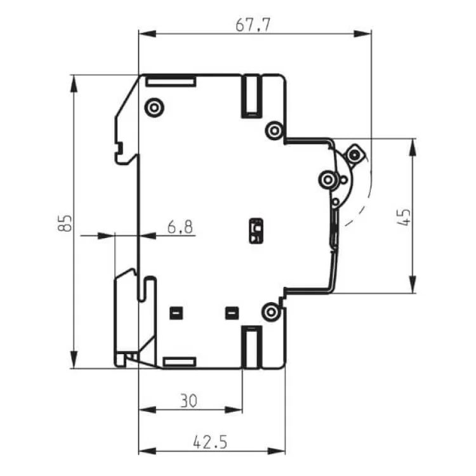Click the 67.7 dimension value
[253, 25]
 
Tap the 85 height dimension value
[65, 223]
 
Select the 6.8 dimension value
[180, 227]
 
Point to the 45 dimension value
[404, 217]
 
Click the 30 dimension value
[188, 400]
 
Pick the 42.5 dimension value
[210, 442]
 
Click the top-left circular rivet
[154, 107]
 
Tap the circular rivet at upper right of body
[274, 131]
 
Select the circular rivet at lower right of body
[271, 312]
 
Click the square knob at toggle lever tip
[354, 155]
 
